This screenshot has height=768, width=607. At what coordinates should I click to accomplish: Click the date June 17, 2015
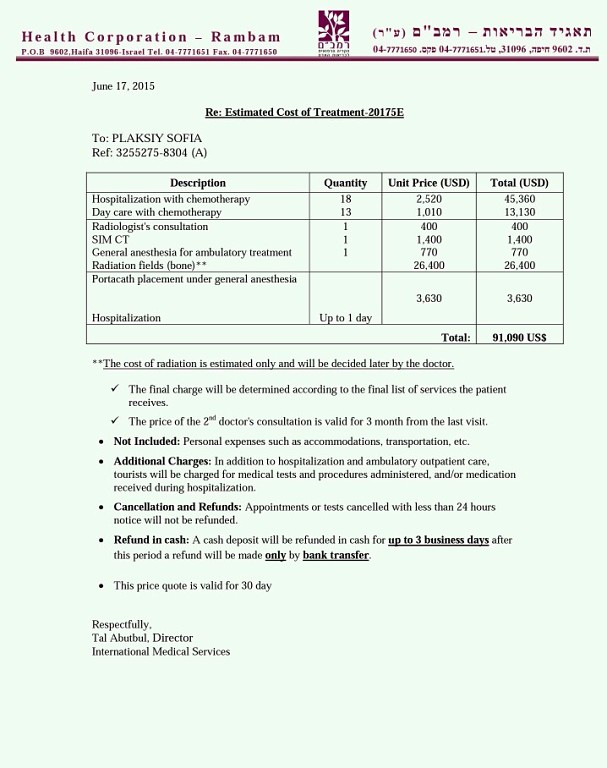click(123, 86)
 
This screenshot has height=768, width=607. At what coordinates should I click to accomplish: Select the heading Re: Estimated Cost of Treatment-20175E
click(304, 112)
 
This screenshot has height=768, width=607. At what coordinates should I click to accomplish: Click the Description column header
click(198, 183)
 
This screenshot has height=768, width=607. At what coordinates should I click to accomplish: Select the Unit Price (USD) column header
click(428, 183)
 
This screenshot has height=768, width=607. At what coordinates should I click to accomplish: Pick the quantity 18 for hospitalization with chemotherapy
click(345, 199)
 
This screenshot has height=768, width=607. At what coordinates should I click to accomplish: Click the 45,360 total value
click(519, 199)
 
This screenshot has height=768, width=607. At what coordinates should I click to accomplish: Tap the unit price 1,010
click(428, 212)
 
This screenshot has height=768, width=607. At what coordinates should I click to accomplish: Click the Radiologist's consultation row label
click(150, 227)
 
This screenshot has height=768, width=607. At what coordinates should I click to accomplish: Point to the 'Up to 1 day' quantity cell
click(345, 318)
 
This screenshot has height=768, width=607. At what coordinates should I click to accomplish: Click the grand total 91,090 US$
click(519, 338)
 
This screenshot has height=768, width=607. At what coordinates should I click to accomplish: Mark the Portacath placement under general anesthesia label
click(194, 279)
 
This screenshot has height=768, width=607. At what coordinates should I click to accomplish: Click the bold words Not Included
click(146, 441)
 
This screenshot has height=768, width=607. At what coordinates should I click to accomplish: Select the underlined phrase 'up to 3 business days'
click(438, 540)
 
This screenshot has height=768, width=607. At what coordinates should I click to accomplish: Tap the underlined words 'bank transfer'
click(336, 555)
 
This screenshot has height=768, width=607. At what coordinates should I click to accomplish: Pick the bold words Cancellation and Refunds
click(177, 507)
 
